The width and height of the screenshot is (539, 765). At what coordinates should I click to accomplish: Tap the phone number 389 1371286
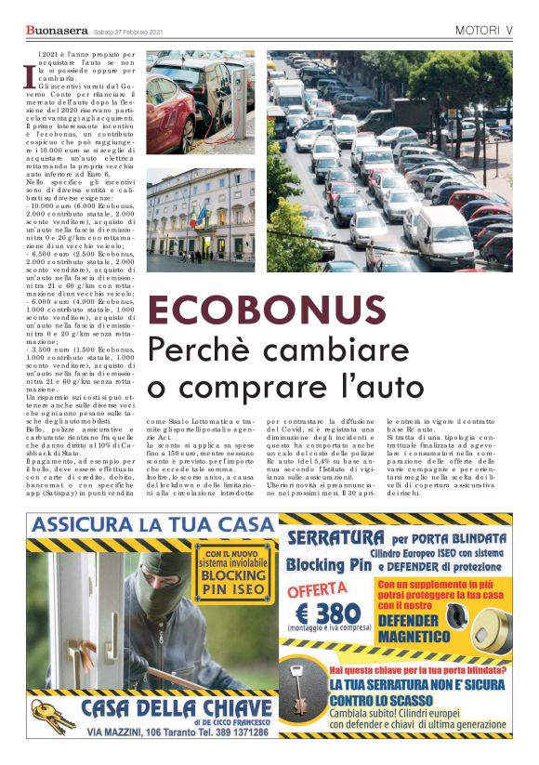tap(236, 732)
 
